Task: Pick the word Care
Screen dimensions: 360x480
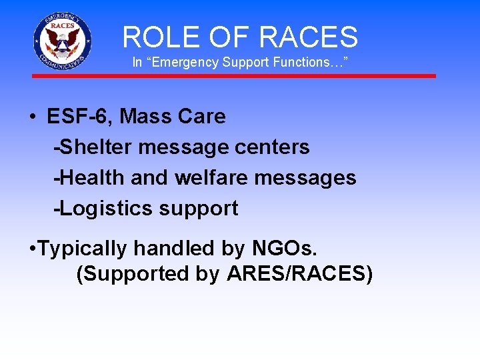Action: point(203,117)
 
